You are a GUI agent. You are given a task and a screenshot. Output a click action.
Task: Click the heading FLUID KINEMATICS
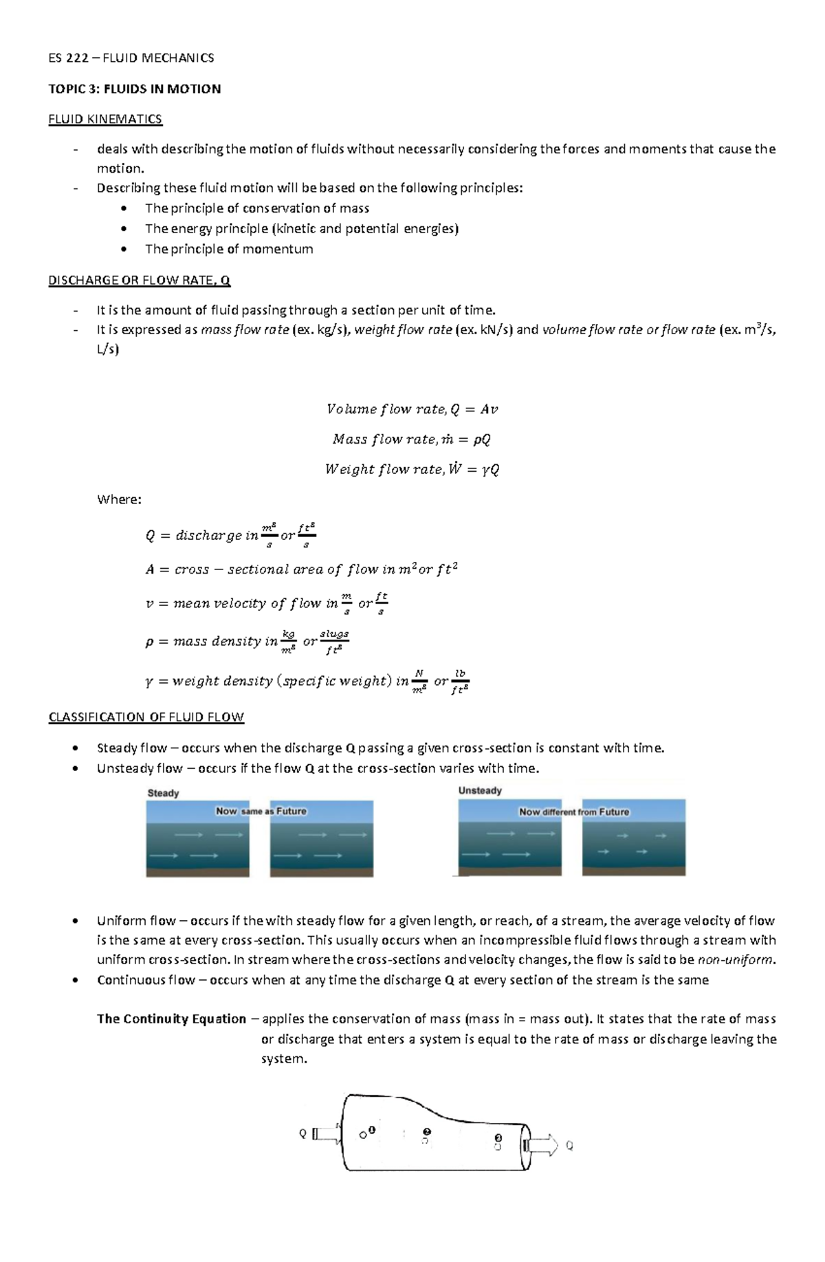[x=104, y=119]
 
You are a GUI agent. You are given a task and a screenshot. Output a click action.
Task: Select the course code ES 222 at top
[x=68, y=58]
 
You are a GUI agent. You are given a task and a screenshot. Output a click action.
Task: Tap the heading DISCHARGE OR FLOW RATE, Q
[x=139, y=280]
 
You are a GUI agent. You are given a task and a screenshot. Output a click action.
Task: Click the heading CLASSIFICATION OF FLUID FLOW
[x=146, y=717]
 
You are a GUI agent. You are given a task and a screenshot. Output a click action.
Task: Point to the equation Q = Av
[x=412, y=409]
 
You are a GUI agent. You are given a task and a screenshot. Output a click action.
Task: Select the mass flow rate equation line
[x=411, y=439]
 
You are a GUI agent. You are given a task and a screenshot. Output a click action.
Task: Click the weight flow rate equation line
[x=412, y=469]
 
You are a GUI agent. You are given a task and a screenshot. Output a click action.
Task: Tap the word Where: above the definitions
[x=119, y=499]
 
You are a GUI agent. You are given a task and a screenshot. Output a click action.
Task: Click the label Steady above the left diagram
[x=163, y=793]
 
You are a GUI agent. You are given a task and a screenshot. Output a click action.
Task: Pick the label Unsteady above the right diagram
[x=480, y=791]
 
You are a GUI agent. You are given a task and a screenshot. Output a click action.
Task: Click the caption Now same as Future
[x=261, y=812]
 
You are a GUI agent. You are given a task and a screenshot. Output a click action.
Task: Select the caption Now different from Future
[x=573, y=812]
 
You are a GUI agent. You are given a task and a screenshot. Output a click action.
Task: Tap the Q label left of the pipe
[x=302, y=1134]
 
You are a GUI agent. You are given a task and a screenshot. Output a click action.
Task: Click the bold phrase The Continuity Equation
[x=171, y=1019]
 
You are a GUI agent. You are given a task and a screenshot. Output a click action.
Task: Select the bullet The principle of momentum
[x=228, y=249]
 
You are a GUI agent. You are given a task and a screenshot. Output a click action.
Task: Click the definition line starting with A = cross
[x=301, y=569]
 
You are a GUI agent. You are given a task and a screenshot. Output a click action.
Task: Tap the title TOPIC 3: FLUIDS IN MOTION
[x=134, y=89]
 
